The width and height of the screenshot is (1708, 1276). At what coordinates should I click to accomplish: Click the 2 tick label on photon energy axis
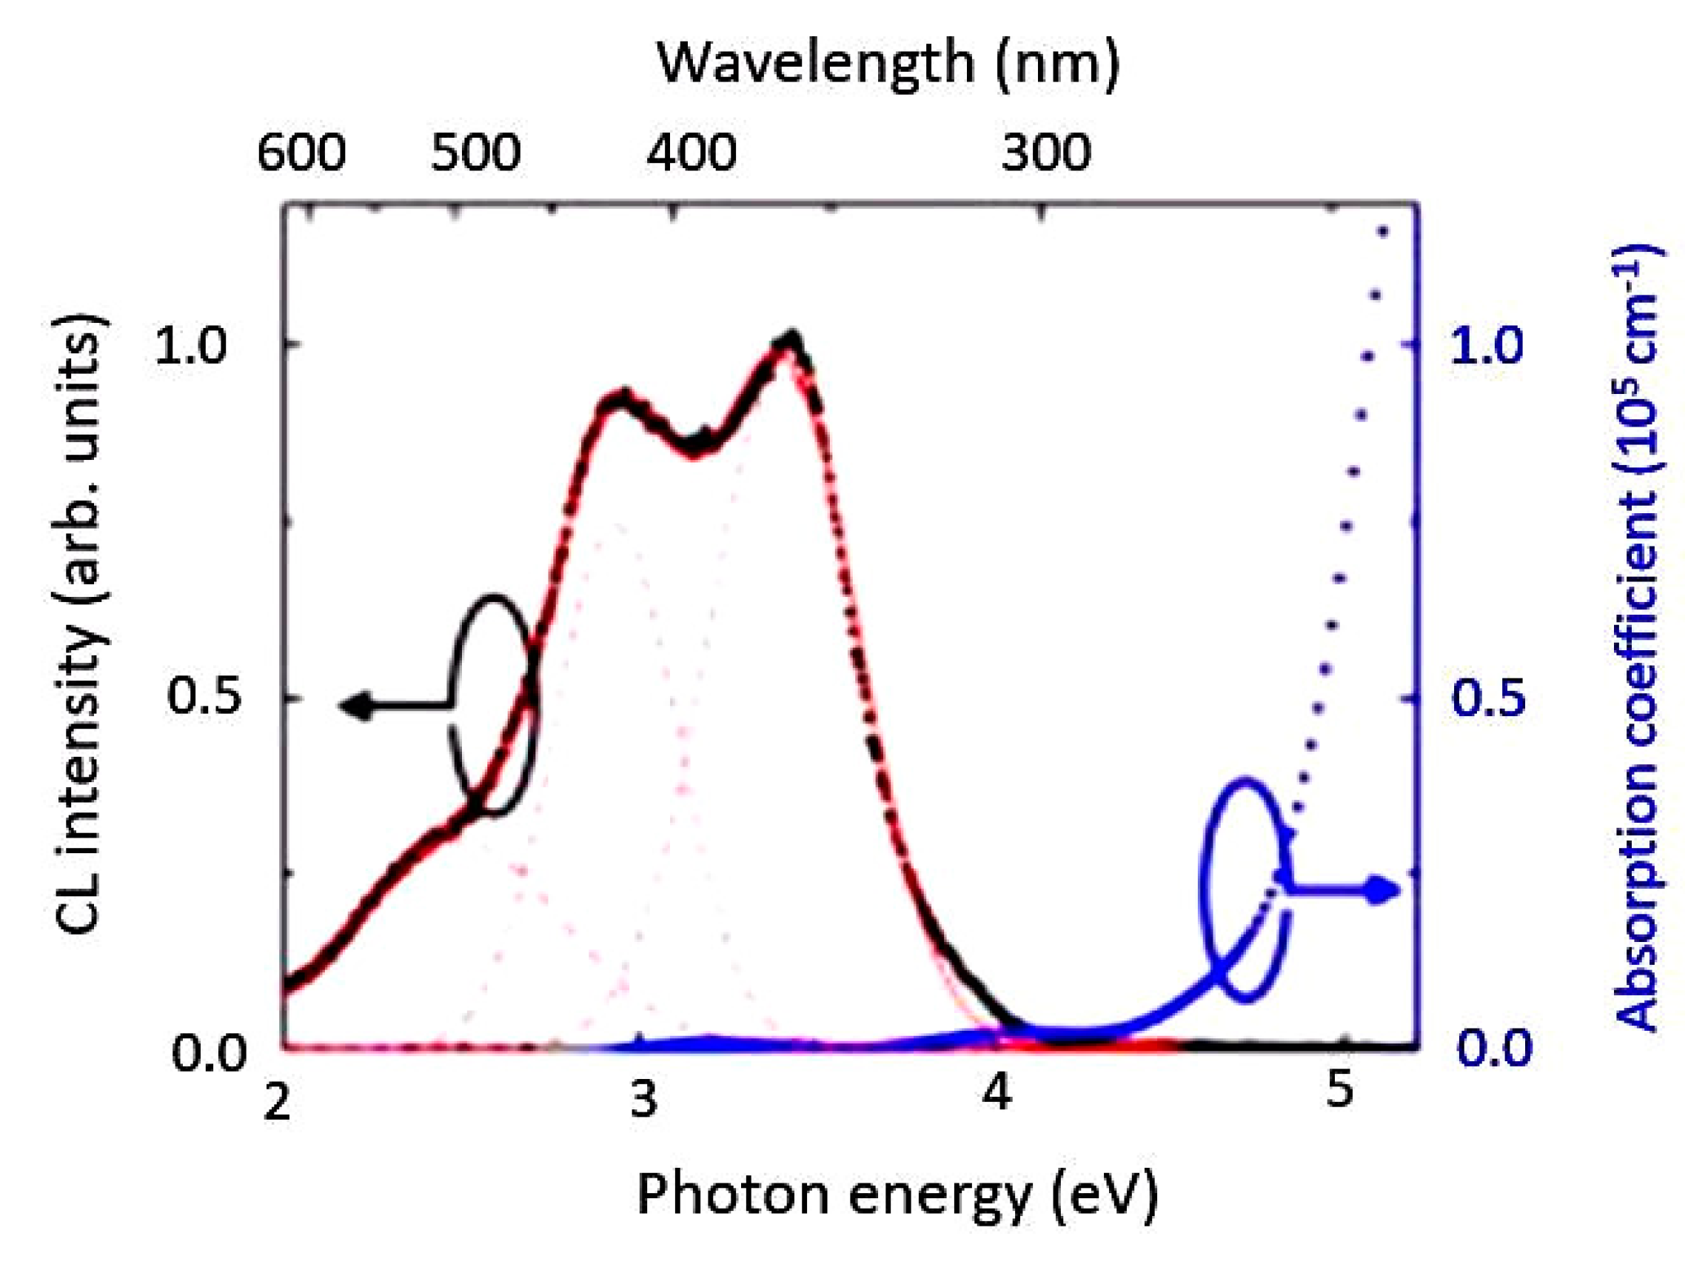(277, 1102)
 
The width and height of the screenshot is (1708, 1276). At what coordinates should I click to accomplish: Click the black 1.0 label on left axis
(190, 346)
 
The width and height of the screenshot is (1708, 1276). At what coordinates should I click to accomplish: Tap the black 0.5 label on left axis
(193, 697)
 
